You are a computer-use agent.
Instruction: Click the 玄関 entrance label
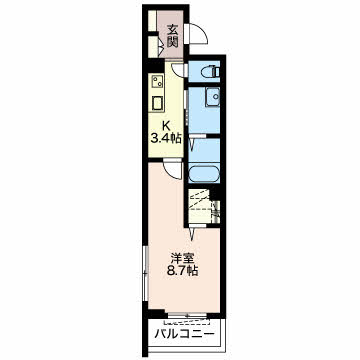click(x=173, y=36)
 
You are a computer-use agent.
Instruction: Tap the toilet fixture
click(x=210, y=72)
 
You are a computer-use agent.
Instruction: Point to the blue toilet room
click(x=206, y=72)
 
